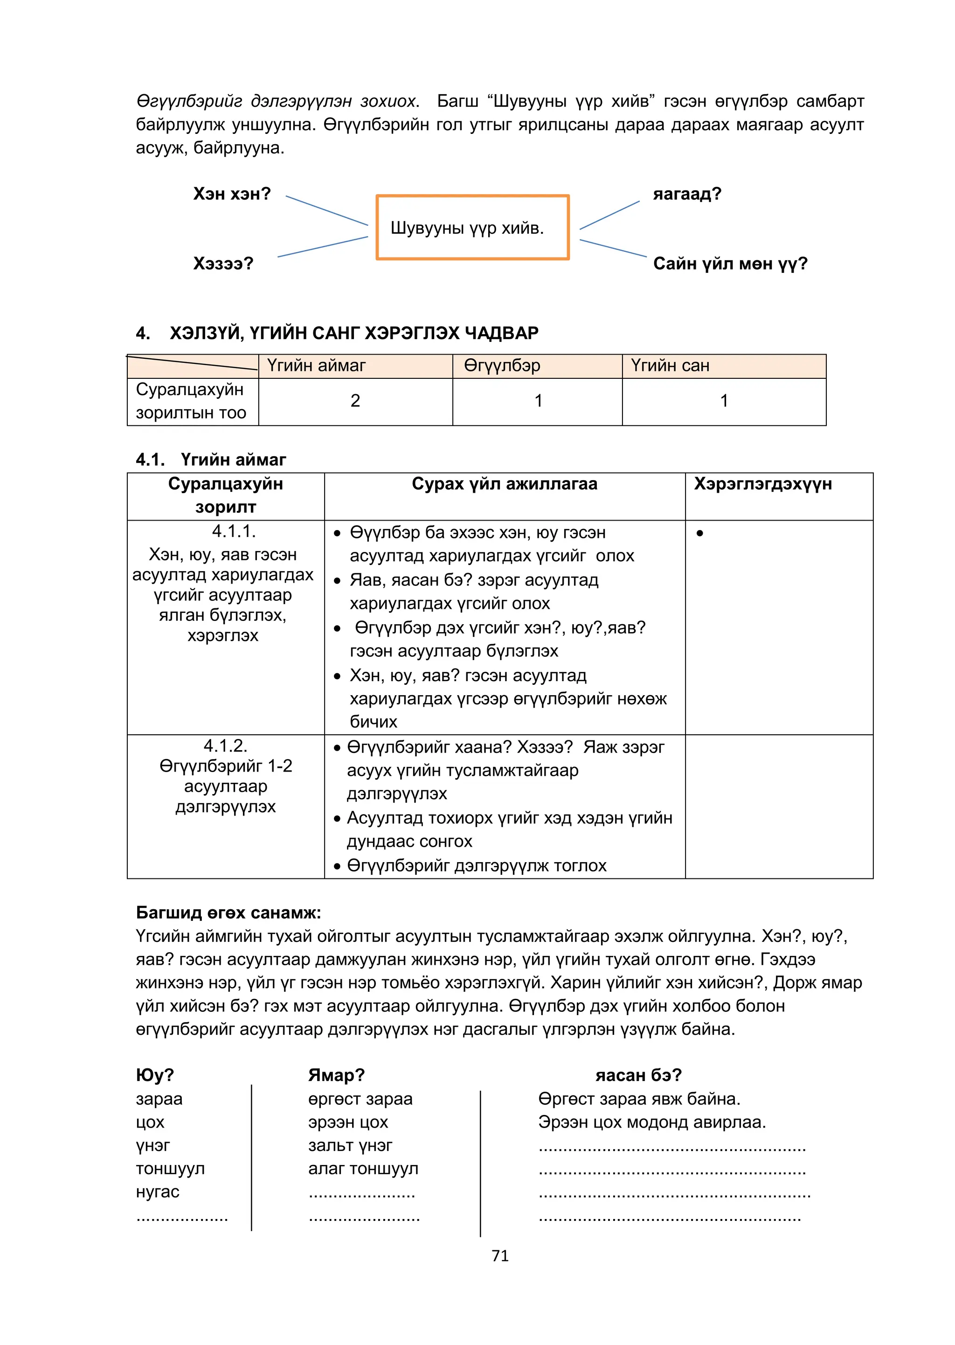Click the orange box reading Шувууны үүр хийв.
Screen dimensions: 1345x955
coord(472,227)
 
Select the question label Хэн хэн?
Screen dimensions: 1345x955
coord(232,194)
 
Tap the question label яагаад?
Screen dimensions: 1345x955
coord(687,194)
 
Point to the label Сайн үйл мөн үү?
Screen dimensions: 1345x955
coord(730,263)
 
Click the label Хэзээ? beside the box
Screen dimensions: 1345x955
coord(223,263)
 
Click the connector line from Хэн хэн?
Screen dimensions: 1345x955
coord(326,210)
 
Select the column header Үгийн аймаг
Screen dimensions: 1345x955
coord(316,365)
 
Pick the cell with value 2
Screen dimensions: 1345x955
coord(355,401)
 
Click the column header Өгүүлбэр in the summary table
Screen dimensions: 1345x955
coord(502,365)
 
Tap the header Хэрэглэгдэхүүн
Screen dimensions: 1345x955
coord(763,484)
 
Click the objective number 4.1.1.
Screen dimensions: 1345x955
coord(234,531)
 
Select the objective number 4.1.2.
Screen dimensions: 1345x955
coord(225,746)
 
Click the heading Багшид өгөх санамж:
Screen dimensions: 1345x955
coord(228,913)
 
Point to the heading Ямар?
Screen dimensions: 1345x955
coord(336,1075)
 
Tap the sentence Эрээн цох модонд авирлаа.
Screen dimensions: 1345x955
coord(651,1122)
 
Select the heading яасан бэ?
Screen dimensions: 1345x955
coord(638,1075)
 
